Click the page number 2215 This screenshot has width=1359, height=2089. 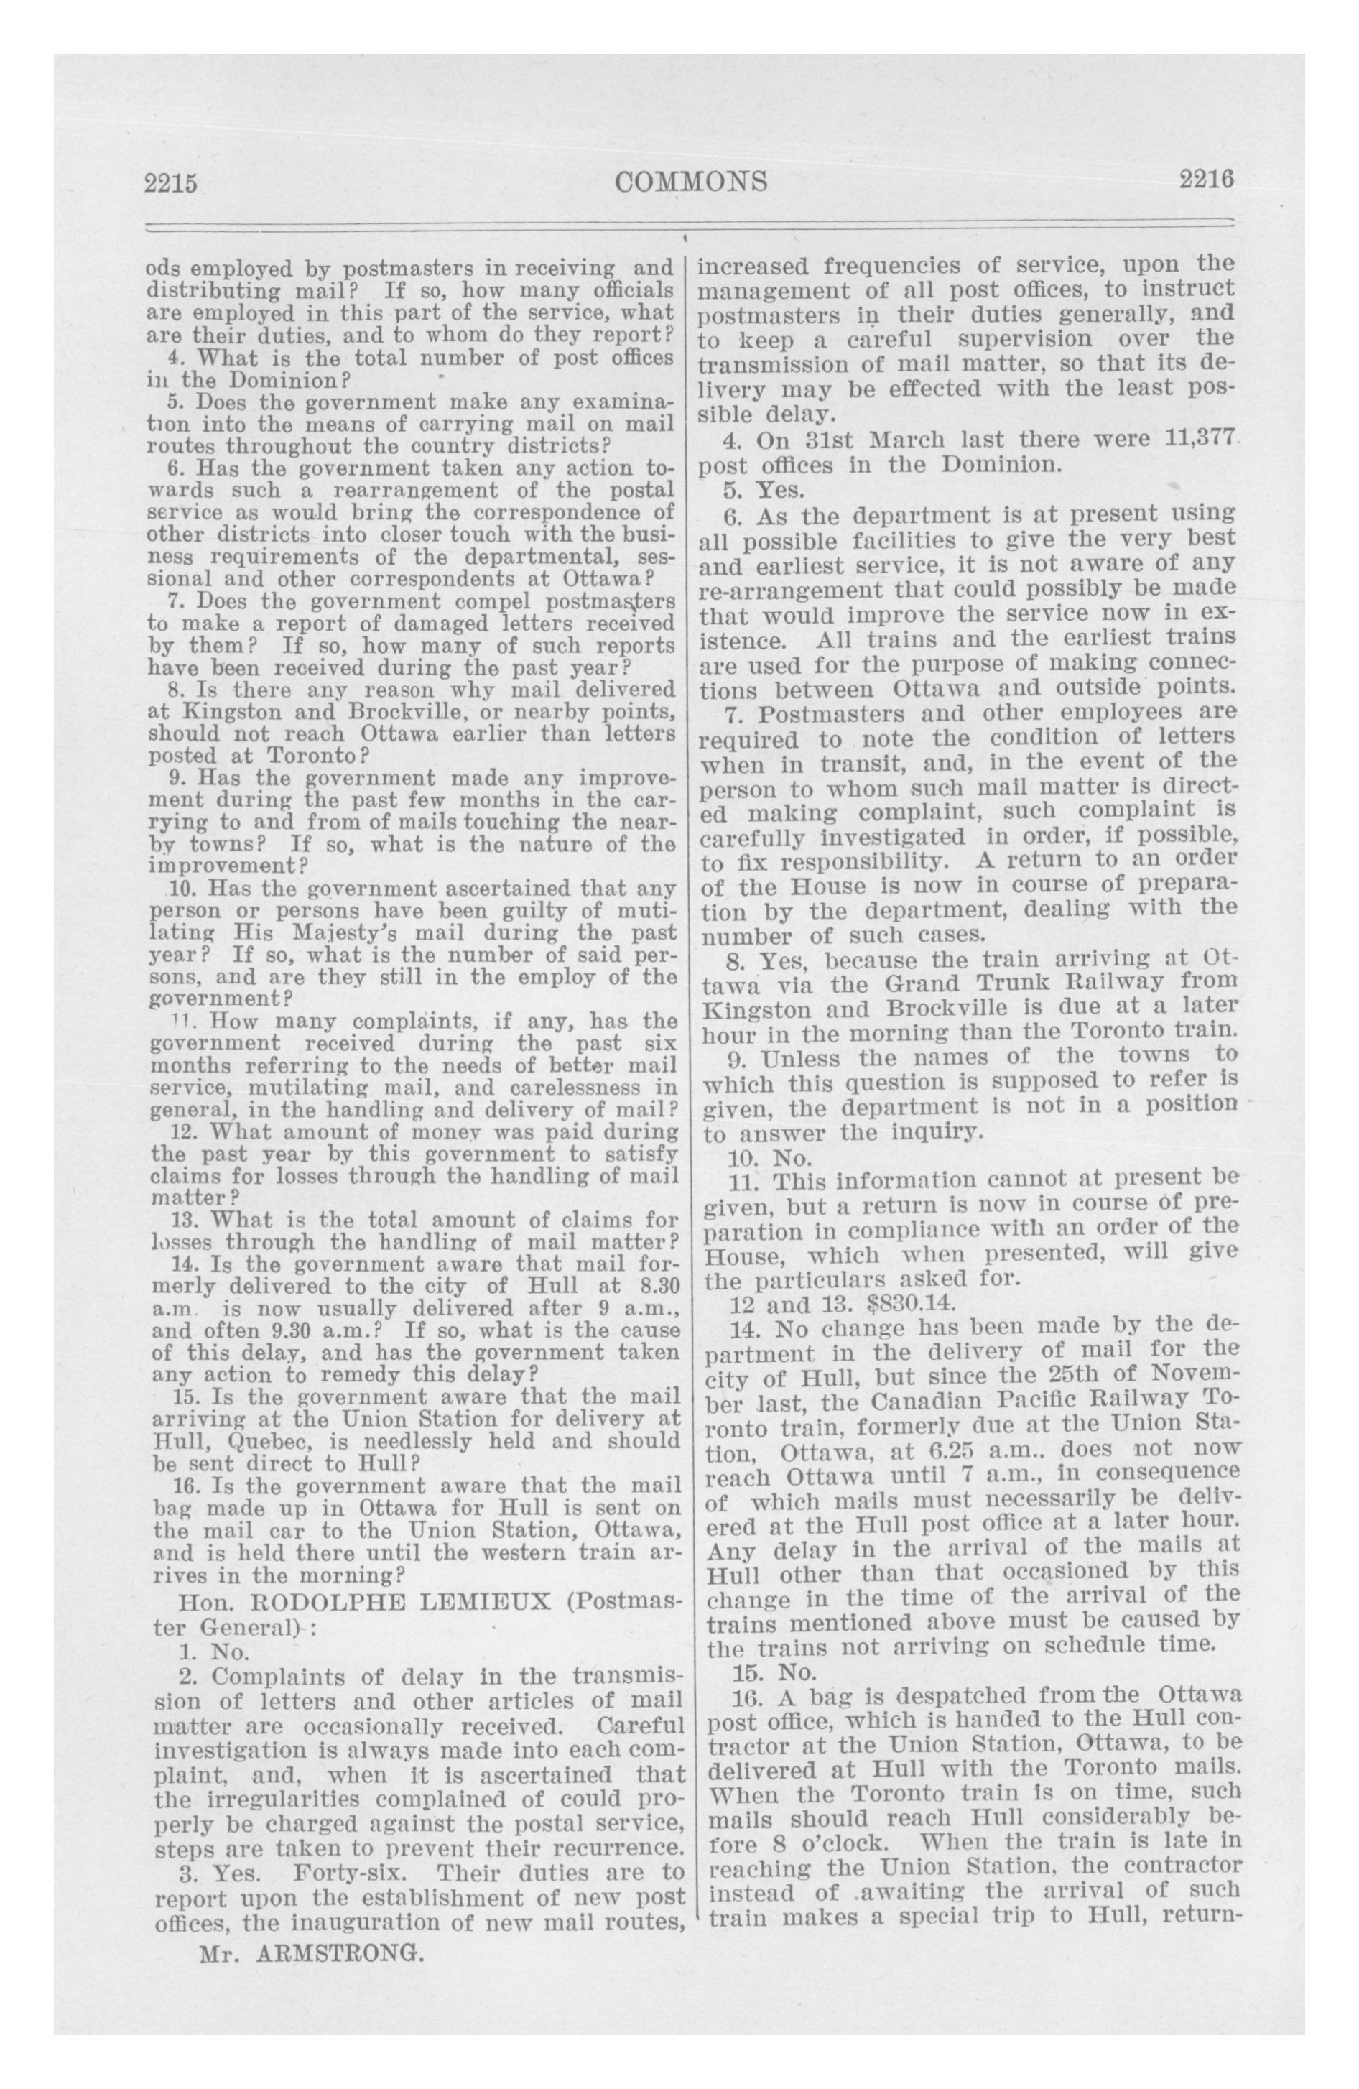[x=173, y=183]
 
